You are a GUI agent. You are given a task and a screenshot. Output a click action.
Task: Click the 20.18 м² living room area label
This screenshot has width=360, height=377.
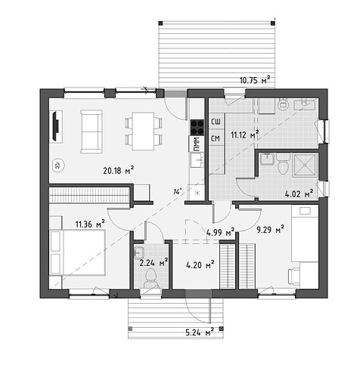[x=118, y=171]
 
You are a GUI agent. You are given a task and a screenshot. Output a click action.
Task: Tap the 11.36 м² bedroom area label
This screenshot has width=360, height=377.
[x=90, y=224]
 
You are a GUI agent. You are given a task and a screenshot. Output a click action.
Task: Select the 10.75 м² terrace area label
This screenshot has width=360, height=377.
[x=255, y=80]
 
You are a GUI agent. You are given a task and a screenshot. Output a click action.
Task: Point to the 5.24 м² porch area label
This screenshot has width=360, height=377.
[x=200, y=332]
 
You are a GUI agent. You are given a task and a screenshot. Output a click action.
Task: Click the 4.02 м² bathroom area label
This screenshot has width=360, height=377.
[x=299, y=194]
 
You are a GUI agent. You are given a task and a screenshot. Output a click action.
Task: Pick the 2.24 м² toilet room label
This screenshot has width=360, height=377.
[x=154, y=263]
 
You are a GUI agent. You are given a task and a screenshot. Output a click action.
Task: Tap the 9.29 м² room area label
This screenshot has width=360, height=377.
[x=270, y=230]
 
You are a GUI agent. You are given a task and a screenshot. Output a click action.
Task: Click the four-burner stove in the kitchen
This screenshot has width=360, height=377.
[x=197, y=128]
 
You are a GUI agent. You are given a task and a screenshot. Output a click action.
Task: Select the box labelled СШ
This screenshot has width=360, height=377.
[x=216, y=122]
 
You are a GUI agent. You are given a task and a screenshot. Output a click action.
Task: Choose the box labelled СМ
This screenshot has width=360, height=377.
[x=216, y=138]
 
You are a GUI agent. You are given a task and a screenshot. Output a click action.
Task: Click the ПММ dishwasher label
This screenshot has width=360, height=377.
[x=197, y=144]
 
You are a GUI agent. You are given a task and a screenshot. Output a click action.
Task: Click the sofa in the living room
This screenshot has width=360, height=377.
[x=92, y=131]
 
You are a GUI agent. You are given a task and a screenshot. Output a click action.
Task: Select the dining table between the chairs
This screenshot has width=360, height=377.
[x=143, y=131]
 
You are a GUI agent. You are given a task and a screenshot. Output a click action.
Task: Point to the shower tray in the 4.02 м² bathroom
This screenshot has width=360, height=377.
[x=305, y=165]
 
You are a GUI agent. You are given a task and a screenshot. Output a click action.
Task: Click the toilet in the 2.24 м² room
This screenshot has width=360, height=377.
[x=152, y=278]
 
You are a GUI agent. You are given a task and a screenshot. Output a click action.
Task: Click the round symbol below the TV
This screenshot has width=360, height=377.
[x=57, y=165]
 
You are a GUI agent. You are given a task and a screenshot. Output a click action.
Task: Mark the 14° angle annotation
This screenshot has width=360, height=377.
[x=177, y=191]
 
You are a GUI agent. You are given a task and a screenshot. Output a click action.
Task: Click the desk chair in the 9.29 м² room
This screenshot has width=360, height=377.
[x=293, y=277]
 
